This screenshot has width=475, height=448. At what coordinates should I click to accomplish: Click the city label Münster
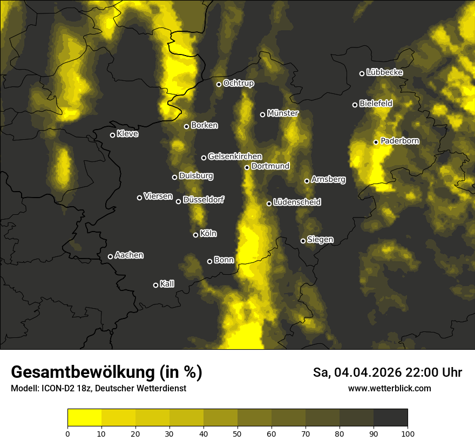283,113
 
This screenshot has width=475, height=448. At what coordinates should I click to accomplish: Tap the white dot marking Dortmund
247,167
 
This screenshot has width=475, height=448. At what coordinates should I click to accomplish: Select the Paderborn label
400,141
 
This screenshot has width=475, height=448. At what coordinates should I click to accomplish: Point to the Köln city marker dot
195,235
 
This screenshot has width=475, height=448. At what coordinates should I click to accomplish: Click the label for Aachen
129,255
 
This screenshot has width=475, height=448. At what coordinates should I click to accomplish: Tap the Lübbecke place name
384,72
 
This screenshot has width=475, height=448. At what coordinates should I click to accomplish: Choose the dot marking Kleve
112,135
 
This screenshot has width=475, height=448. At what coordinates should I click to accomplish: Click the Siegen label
320,240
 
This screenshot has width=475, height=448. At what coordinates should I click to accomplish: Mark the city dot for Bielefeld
355,105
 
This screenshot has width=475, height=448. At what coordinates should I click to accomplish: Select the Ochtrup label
239,83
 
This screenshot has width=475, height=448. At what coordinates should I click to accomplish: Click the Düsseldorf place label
203,200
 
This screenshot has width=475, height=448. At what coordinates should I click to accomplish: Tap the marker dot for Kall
155,285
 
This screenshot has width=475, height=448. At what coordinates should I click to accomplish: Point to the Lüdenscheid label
297,202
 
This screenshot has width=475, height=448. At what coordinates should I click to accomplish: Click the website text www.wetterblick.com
389,388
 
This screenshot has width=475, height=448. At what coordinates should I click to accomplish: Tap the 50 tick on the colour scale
237,433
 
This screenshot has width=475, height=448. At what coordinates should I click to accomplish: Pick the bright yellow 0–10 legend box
84,417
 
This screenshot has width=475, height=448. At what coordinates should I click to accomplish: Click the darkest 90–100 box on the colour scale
390,417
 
